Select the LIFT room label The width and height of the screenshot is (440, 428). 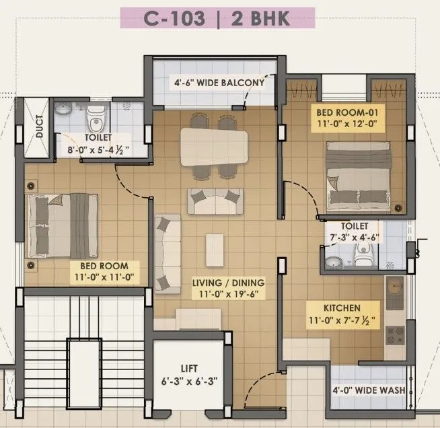point(188,368)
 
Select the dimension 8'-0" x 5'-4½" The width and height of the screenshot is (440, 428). point(99,149)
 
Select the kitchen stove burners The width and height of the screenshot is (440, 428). point(394,334)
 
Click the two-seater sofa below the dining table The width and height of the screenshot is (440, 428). point(215,201)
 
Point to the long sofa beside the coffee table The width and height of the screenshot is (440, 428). point(167,250)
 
